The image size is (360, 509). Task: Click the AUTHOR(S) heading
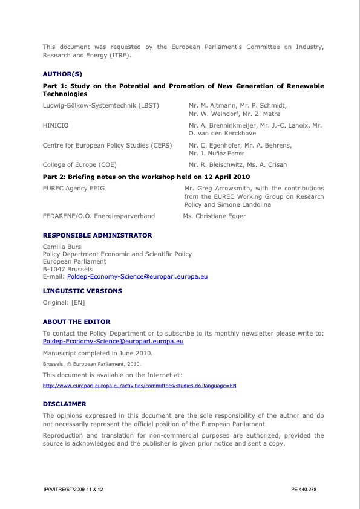tap(62, 74)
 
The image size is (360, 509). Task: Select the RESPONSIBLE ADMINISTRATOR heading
tap(97, 235)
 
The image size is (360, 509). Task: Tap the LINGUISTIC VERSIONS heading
tap(82, 291)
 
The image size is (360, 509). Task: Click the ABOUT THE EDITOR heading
tap(77, 322)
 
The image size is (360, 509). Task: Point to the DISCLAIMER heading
tap(65, 403)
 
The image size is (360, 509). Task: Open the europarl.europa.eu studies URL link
tap(139, 385)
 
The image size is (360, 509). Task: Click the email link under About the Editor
tap(113, 342)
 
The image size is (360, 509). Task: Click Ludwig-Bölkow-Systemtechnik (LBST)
tap(100, 105)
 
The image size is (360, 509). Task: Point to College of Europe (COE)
tap(80, 164)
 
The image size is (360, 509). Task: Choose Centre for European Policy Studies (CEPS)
tap(107, 145)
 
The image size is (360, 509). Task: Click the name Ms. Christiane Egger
tap(214, 216)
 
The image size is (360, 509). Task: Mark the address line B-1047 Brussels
tap(68, 269)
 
